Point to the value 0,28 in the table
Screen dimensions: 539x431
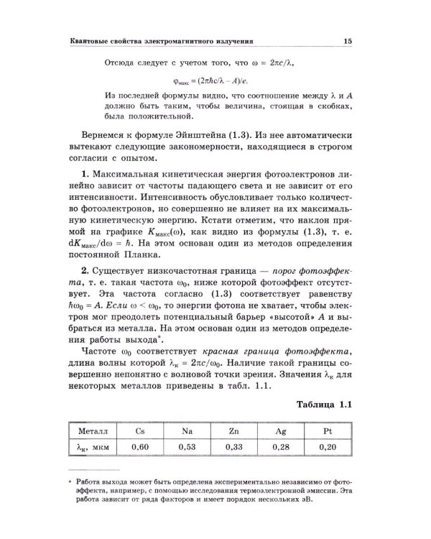(280, 446)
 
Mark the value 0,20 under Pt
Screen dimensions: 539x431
(327, 446)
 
